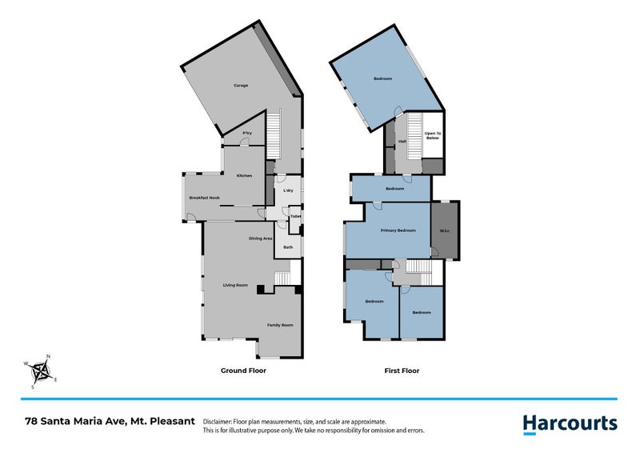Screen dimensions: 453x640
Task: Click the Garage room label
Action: pos(241,85)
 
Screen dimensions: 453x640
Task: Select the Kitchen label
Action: pos(244,175)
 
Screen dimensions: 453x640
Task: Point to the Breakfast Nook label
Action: pos(204,197)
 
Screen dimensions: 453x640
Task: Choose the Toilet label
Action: pos(295,216)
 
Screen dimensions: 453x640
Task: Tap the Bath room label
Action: pos(287,247)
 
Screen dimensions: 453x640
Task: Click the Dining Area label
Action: pos(261,238)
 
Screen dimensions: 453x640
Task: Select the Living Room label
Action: pos(235,285)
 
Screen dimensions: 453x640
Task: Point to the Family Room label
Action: pos(280,325)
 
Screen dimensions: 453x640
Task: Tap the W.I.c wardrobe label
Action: pos(445,232)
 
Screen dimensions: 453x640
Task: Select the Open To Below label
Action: pos(433,135)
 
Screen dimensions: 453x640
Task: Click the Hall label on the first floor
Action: pos(402,142)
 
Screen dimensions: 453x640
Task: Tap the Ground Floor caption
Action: pos(243,371)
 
